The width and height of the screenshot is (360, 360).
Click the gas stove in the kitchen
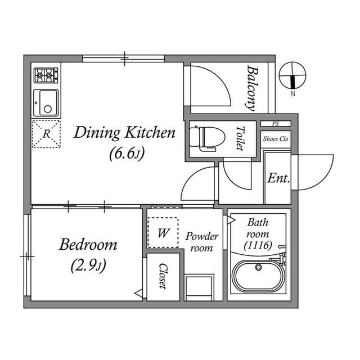46,74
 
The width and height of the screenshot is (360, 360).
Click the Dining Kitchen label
125,133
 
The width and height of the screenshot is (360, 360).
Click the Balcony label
251,87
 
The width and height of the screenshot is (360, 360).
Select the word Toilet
240,138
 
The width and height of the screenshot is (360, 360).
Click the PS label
275,124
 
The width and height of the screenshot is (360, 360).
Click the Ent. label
278,179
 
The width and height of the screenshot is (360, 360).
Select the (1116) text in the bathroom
258,245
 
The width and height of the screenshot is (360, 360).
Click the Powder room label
201,242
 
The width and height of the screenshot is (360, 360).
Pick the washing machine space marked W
163,232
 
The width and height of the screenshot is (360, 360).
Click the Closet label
163,276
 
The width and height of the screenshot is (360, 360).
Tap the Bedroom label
88,245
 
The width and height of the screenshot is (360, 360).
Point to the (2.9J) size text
89,264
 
